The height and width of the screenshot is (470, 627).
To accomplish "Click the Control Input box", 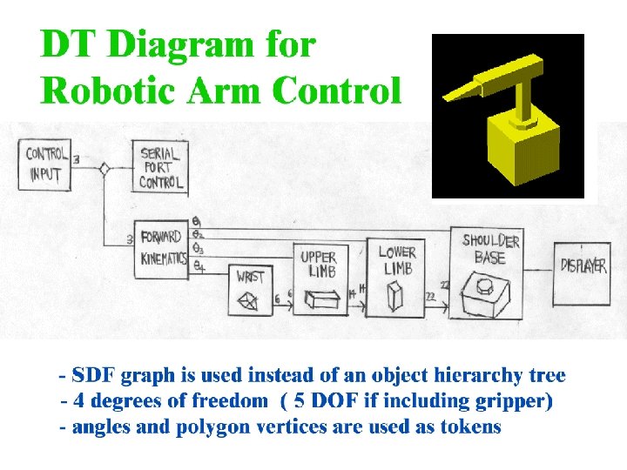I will [45, 164].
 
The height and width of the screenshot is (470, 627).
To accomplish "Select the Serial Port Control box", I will [162, 166].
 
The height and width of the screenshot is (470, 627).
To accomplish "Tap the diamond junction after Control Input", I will [104, 169].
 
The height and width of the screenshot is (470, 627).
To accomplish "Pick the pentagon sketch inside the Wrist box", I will [250, 301].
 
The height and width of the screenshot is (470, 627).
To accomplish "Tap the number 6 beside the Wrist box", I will [277, 299].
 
